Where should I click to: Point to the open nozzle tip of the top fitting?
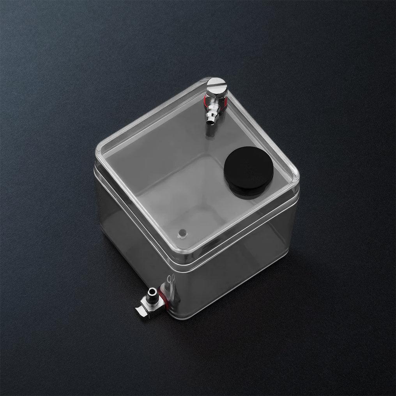[x=210, y=123]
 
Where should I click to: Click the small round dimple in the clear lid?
[x=181, y=233]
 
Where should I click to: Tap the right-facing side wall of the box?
[x=238, y=265]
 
